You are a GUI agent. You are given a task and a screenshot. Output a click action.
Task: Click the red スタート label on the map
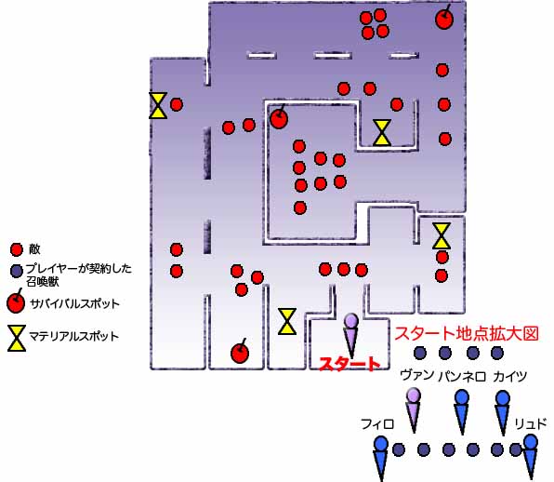coord(350,364)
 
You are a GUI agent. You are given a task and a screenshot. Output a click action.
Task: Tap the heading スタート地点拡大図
coord(467,333)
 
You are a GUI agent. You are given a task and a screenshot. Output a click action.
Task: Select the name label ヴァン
coord(417,375)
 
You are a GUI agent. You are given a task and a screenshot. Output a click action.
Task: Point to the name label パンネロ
coord(462,377)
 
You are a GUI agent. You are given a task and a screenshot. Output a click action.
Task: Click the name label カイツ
coord(509,376)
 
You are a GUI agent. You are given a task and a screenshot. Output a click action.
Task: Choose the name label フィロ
coord(377,423)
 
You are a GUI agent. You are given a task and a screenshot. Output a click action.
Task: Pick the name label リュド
coord(531,423)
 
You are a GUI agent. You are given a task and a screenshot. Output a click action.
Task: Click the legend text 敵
coord(34,249)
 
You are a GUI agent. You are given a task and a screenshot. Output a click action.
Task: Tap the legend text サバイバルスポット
coord(74,303)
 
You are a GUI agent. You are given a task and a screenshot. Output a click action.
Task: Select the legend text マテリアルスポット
coord(73,336)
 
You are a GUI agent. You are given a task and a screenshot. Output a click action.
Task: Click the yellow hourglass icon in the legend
coord(17,338)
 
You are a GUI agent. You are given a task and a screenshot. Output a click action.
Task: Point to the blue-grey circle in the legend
coord(16,272)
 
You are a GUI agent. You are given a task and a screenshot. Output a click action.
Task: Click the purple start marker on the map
coord(351,335)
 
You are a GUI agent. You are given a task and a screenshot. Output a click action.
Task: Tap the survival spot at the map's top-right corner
coord(444,19)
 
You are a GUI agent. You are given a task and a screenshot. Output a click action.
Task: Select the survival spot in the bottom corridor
coord(240,352)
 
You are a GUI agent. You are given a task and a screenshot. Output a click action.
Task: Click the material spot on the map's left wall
coord(158,105)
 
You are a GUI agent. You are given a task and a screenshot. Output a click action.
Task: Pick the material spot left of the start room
coord(287,321)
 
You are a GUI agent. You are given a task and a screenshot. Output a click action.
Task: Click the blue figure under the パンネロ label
coord(462,412)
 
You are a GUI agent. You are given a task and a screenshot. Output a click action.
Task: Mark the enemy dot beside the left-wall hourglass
coord(177,104)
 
